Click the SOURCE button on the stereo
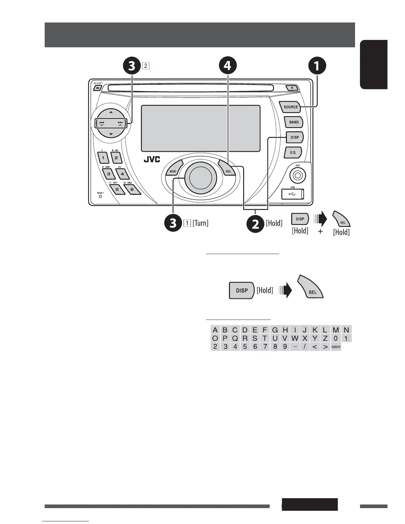[x=291, y=107]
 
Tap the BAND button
[x=294, y=122]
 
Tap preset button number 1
[x=103, y=158]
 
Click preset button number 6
[x=132, y=190]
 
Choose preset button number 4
[x=122, y=174]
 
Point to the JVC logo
[x=152, y=159]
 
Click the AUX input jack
[x=297, y=175]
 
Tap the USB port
[x=292, y=194]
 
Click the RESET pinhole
[x=100, y=196]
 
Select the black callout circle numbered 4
[x=227, y=65]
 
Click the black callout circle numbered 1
[x=317, y=65]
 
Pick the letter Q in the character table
[x=235, y=338]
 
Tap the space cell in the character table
[x=336, y=347]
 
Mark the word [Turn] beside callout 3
[x=201, y=223]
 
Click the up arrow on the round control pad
[x=111, y=112]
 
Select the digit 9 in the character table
[x=285, y=347]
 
